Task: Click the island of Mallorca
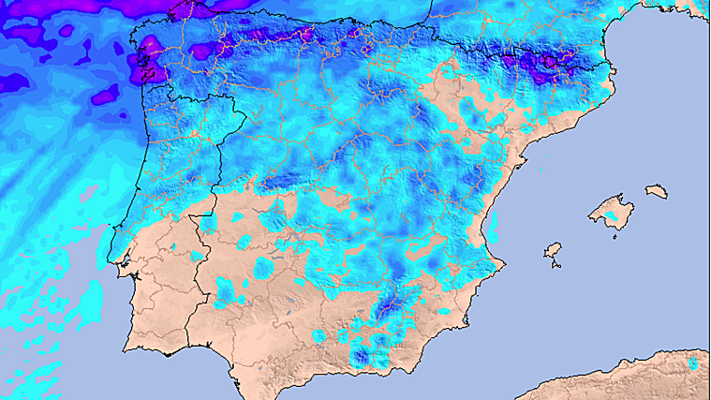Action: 606,210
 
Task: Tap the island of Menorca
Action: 657,191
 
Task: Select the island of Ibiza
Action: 553,250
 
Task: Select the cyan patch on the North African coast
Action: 692,363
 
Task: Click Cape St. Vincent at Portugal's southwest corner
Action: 125,348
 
